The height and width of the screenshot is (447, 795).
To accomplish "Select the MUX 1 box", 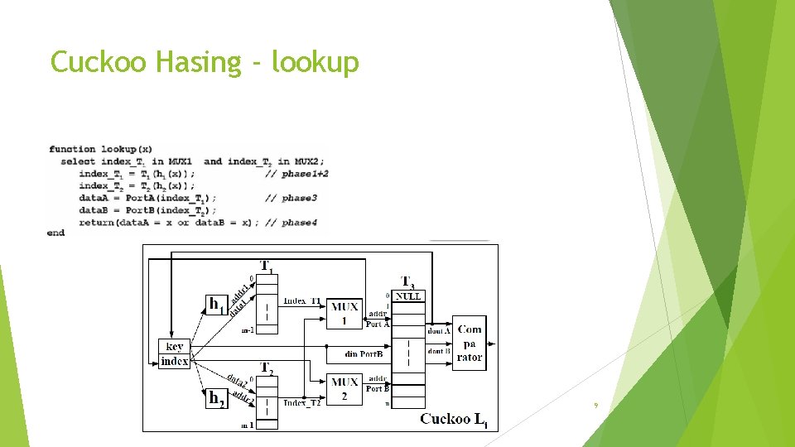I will point(344,313).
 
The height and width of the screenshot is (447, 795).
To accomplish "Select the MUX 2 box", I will point(344,388).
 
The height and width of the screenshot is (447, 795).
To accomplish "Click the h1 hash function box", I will point(216,305).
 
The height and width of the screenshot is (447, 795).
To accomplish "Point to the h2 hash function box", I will point(216,399).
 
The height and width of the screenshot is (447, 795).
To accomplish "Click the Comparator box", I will point(470,343).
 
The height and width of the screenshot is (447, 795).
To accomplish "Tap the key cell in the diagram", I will point(175,347).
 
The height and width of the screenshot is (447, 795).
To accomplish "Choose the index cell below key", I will point(175,362).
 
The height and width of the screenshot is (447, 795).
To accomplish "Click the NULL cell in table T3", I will point(407,296).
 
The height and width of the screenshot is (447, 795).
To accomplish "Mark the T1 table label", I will point(267,267).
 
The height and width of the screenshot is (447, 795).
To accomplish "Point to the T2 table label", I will point(267,368).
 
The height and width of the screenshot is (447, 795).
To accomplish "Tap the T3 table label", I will point(407,281).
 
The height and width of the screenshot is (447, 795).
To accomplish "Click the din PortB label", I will point(364,353).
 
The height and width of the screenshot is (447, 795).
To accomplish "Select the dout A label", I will point(437,331).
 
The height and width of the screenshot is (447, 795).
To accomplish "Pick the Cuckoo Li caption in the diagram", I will point(454,419).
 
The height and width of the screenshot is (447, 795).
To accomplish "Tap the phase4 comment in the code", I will point(299,223).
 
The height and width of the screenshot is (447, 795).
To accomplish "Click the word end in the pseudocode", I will point(56,233).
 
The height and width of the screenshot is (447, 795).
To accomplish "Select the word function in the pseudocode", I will point(72,149).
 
